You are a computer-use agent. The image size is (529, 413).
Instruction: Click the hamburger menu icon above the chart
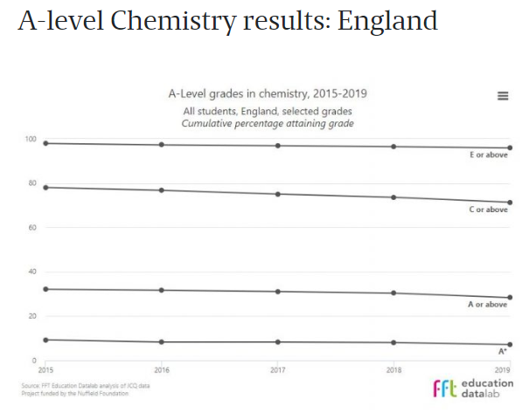503,96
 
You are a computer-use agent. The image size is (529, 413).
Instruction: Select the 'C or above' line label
488,210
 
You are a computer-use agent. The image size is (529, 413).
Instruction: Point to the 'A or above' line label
488,304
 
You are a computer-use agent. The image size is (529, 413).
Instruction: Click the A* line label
503,351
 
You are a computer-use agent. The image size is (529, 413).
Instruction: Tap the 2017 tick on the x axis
277,369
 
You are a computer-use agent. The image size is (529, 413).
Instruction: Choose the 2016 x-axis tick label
162,369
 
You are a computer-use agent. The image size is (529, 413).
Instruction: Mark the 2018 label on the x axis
393,369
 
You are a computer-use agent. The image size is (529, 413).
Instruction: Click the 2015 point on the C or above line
45,187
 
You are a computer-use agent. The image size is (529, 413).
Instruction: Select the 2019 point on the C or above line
510,203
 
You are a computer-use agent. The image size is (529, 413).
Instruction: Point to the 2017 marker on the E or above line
277,146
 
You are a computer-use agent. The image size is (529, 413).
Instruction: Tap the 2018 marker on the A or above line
393,293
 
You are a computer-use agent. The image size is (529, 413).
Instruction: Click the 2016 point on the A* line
162,342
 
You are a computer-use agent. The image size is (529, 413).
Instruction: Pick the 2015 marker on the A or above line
45,289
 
